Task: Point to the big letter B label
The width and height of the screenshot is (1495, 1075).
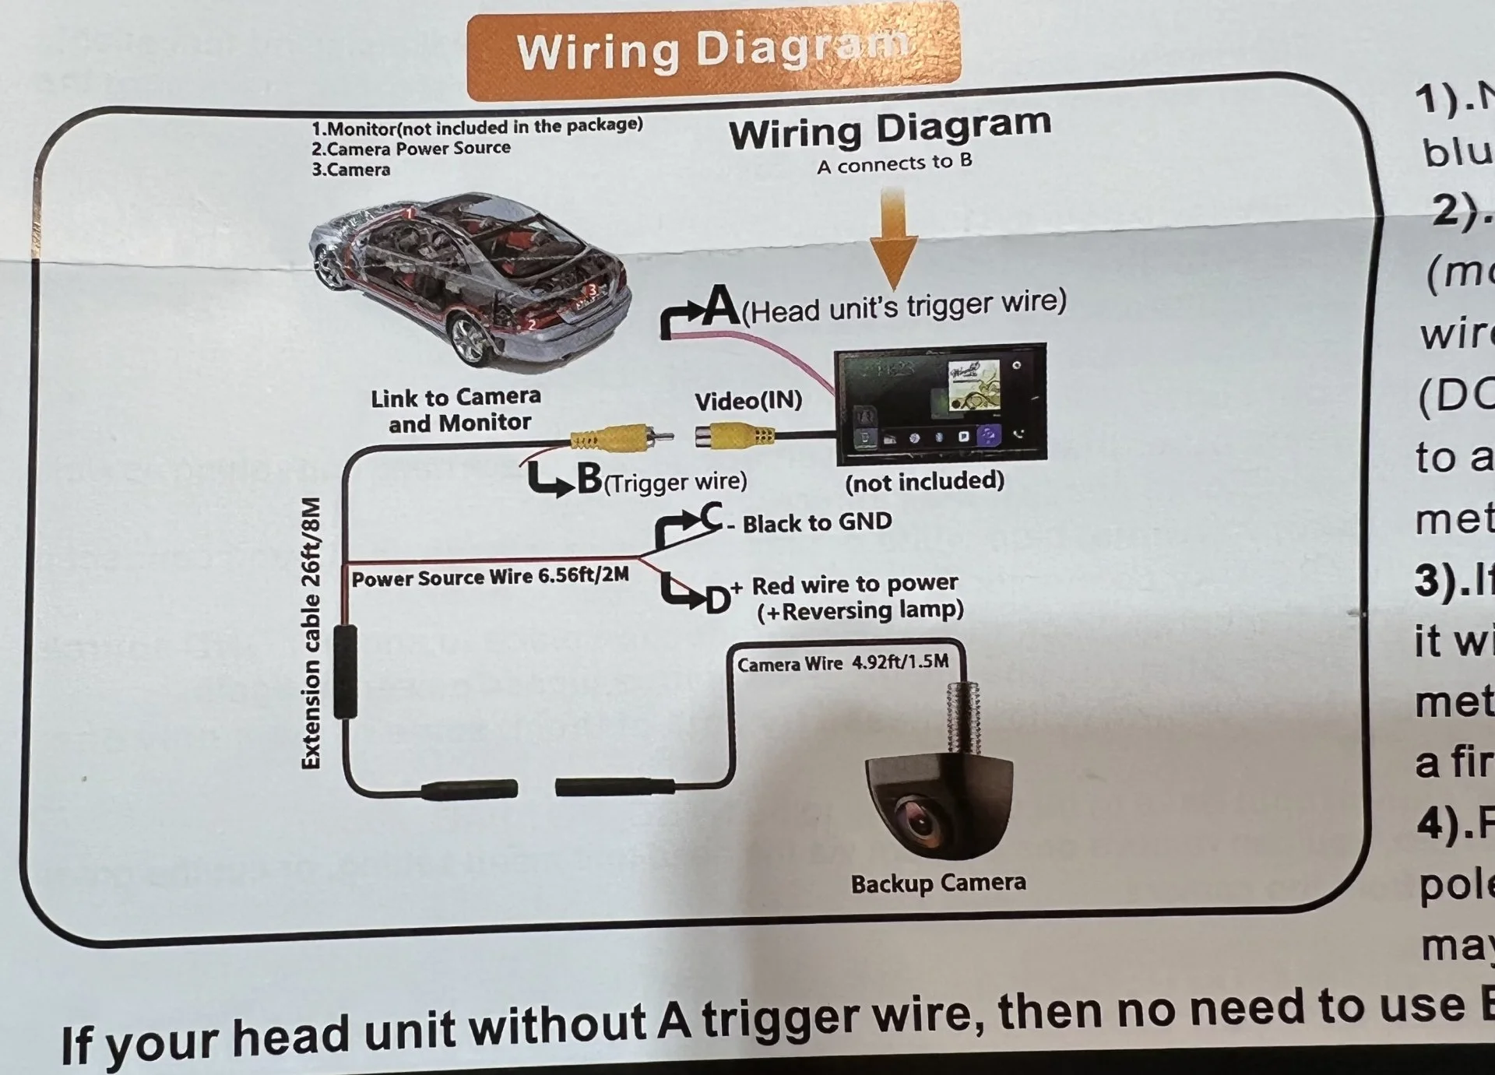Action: click(x=589, y=479)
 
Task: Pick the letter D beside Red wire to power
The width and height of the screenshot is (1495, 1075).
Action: click(x=716, y=600)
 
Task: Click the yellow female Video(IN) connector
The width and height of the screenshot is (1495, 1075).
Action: click(x=734, y=435)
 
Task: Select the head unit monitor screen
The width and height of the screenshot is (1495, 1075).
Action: click(x=941, y=403)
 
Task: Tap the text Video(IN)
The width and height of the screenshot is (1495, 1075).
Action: click(x=747, y=401)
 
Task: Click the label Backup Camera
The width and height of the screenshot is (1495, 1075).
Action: click(x=937, y=884)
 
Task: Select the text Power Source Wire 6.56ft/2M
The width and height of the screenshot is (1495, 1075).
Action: click(x=490, y=578)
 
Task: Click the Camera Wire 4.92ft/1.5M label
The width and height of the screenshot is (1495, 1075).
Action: click(x=842, y=663)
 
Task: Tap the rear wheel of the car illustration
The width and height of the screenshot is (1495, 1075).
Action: click(x=470, y=339)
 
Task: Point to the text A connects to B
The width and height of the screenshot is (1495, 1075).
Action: click(x=894, y=163)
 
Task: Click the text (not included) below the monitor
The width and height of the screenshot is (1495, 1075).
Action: click(x=924, y=482)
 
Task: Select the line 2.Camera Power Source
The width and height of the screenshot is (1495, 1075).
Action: click(x=410, y=148)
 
